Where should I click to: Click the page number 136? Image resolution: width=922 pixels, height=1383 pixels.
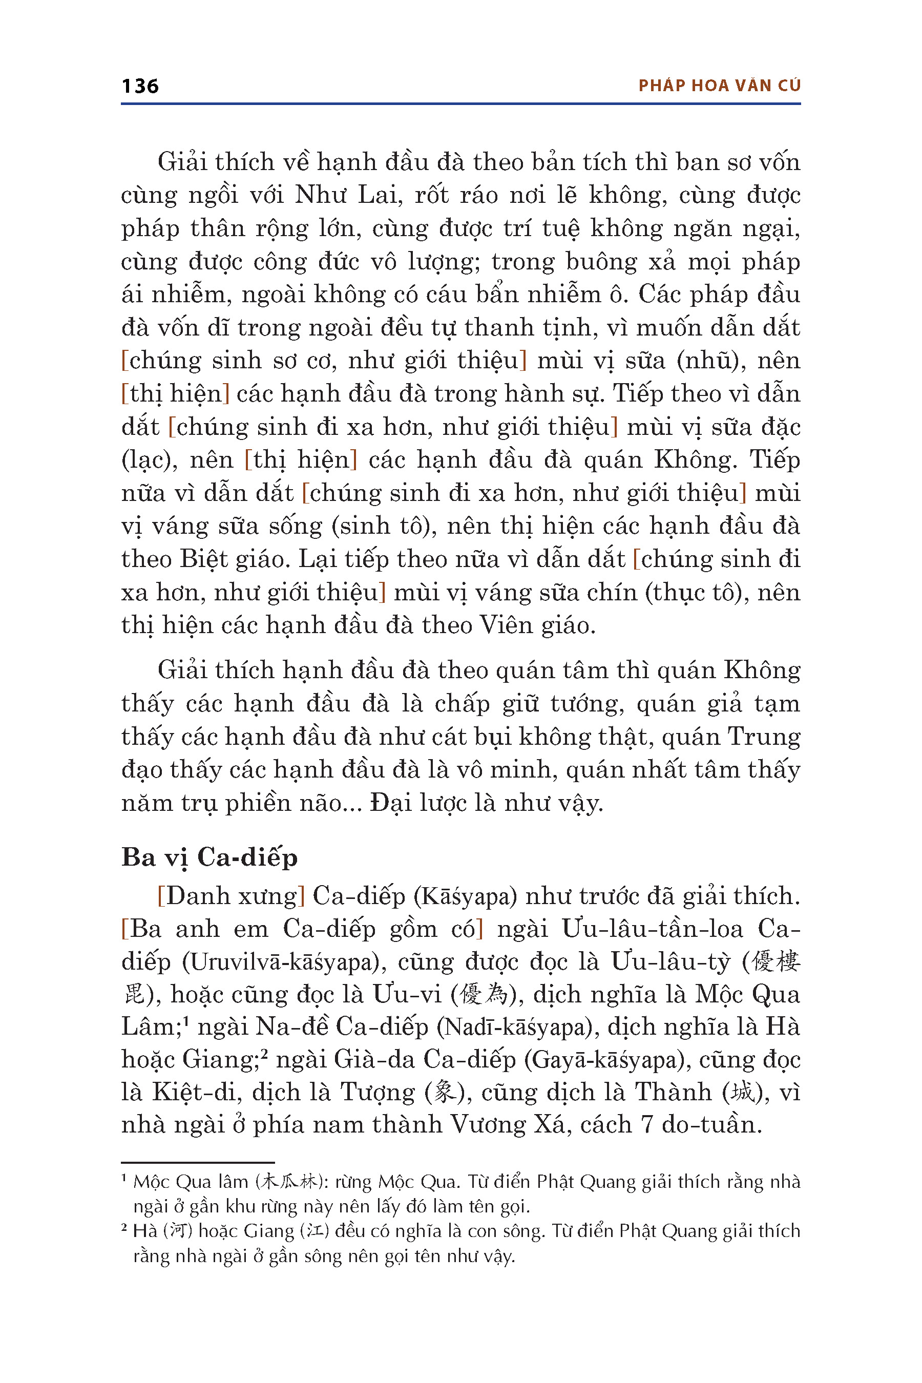coord(140,87)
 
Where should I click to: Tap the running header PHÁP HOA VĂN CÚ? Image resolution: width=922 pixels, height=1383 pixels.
coord(719,86)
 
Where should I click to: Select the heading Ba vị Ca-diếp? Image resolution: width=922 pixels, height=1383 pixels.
coord(209,857)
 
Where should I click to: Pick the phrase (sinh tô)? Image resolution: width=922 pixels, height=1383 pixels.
coord(384,526)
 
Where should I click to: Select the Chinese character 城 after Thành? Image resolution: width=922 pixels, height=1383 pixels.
coord(742,1093)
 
